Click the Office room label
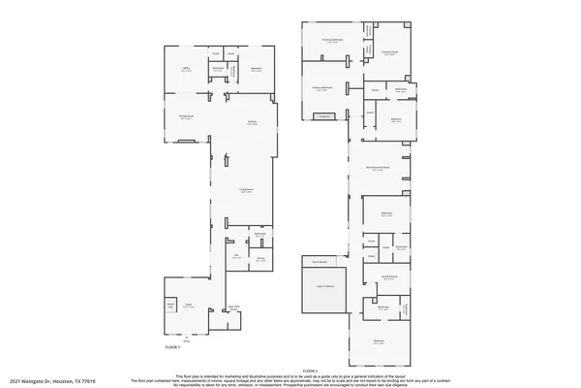pyautogui.click(x=186, y=69)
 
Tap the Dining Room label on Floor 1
pyautogui.click(x=185, y=117)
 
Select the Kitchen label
pyautogui.click(x=251, y=122)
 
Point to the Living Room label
pyautogui.click(x=246, y=191)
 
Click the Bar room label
pyautogui.click(x=236, y=256)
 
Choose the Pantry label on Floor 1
pyautogui.click(x=260, y=259)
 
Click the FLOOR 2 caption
pyautogui.click(x=310, y=369)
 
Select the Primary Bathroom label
pyautogui.click(x=332, y=41)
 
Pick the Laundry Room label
pyautogui.click(x=388, y=278)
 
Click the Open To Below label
pyautogui.click(x=325, y=285)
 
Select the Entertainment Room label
pyautogui.click(x=378, y=168)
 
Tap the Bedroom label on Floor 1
pyautogui.click(x=257, y=69)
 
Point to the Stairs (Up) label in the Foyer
pyautogui.click(x=170, y=307)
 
